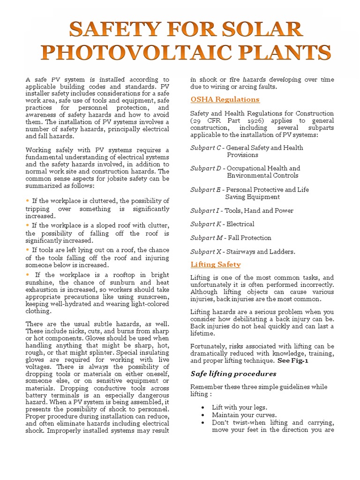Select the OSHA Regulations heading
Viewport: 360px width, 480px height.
(225, 99)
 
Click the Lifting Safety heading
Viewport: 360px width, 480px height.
(216, 264)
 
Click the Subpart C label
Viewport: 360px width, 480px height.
(206, 148)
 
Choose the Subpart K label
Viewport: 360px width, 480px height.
(206, 224)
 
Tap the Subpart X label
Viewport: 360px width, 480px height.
(206, 252)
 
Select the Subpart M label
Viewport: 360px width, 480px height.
(206, 238)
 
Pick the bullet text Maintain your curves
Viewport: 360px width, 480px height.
(237, 415)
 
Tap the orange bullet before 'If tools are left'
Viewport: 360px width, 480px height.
(28, 250)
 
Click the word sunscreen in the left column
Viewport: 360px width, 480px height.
(153, 297)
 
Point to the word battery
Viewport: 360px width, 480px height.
(36, 396)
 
